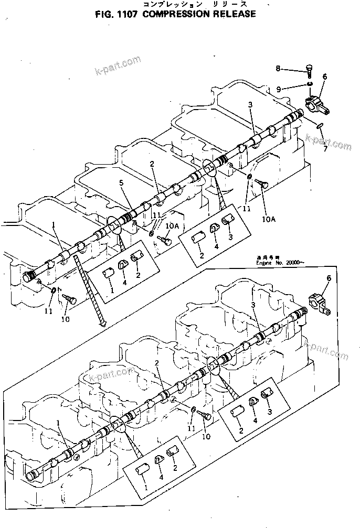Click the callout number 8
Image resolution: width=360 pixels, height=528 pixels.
coord(279,68)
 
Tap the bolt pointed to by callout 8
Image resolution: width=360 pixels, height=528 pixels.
coord(309,72)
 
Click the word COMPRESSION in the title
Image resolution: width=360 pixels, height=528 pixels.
coord(168,14)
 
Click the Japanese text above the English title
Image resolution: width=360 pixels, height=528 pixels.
coord(174,4)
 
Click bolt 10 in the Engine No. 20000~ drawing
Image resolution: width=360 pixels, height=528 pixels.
coord(204,416)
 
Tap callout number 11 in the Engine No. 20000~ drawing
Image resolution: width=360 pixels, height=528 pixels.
coord(192,428)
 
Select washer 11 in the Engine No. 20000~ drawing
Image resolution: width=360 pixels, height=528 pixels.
coord(194,409)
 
